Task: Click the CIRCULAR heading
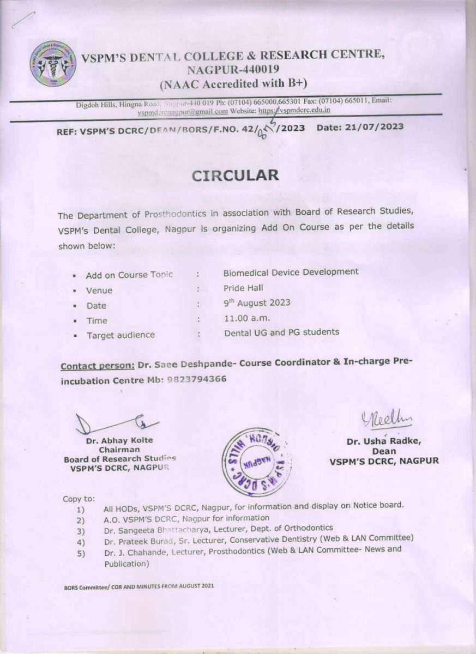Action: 235,175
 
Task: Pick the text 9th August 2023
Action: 257,302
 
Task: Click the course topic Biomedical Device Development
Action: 291,271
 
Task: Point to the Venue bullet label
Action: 99,290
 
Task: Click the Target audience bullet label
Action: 120,335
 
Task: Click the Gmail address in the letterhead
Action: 182,111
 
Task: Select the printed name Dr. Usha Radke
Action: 384,442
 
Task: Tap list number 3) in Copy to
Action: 81,530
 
